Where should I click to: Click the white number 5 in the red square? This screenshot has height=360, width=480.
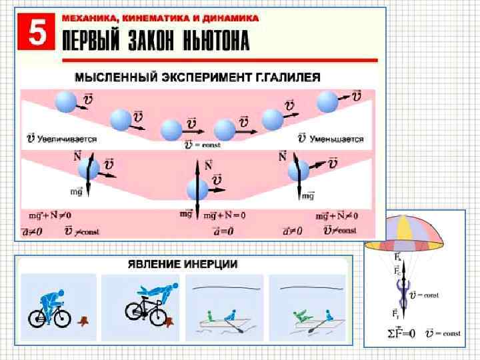tap(39, 34)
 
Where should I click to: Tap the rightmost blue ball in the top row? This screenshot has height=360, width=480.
tap(328, 102)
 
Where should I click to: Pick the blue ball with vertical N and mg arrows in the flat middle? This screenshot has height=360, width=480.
tap(197, 189)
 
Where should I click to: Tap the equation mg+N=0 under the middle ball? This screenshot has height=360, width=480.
tap(225, 215)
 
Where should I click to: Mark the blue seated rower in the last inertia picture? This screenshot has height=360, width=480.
tap(328, 314)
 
